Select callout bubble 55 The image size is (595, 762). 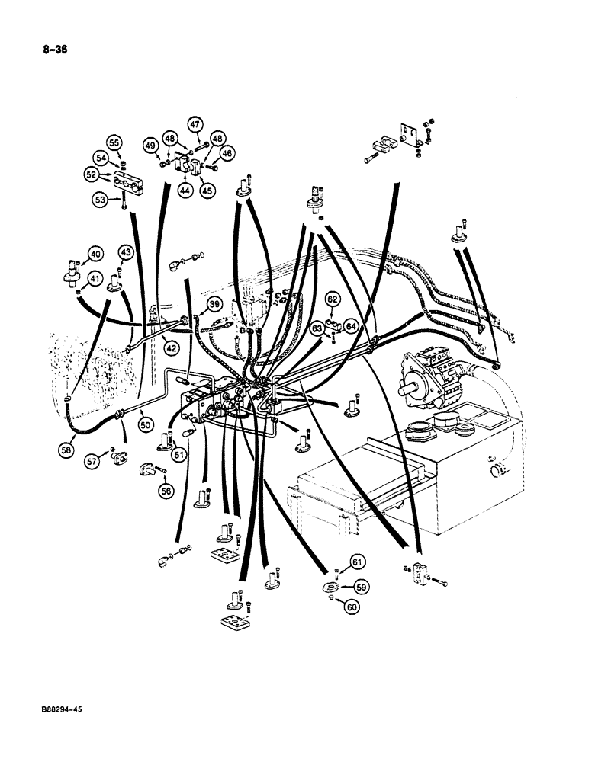[x=114, y=142]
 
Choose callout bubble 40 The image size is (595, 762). [x=95, y=253]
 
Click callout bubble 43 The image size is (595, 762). [x=126, y=252]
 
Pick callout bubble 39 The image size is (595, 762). [x=214, y=306]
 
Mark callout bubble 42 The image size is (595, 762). [x=172, y=348]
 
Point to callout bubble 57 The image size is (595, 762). [x=93, y=462]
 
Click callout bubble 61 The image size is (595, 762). [x=358, y=562]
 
